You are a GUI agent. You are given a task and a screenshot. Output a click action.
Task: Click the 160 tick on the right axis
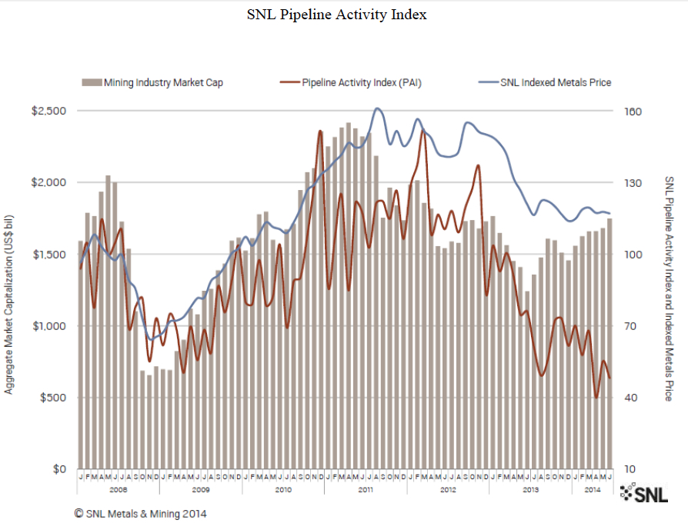pyautogui.click(x=632, y=111)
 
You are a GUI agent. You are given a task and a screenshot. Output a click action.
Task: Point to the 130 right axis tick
pyautogui.click(x=632, y=183)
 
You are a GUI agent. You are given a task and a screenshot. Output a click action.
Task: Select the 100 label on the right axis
pyautogui.click(x=632, y=255)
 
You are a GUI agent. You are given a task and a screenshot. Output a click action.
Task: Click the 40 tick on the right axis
pyautogui.click(x=630, y=398)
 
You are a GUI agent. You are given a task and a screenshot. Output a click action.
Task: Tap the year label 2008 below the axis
pyautogui.click(x=118, y=488)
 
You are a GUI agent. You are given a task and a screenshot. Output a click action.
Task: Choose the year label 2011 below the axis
pyautogui.click(x=366, y=488)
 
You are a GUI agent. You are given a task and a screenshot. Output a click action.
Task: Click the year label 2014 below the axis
pyautogui.click(x=592, y=488)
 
